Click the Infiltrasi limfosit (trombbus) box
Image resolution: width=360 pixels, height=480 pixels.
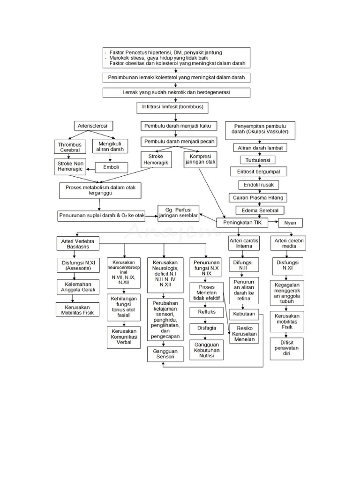coord(173,107)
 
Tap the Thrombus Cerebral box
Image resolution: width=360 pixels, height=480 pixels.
coord(70,146)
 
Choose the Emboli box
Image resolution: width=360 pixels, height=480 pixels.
coord(110,166)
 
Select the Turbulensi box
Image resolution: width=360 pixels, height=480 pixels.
coord(257,160)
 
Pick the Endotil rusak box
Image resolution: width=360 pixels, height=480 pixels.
coord(257,184)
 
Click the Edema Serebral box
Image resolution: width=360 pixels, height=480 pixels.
coord(257,210)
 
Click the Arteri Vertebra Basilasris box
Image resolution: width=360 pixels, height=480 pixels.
coord(76,244)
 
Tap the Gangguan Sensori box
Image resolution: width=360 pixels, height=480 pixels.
coord(163,353)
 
